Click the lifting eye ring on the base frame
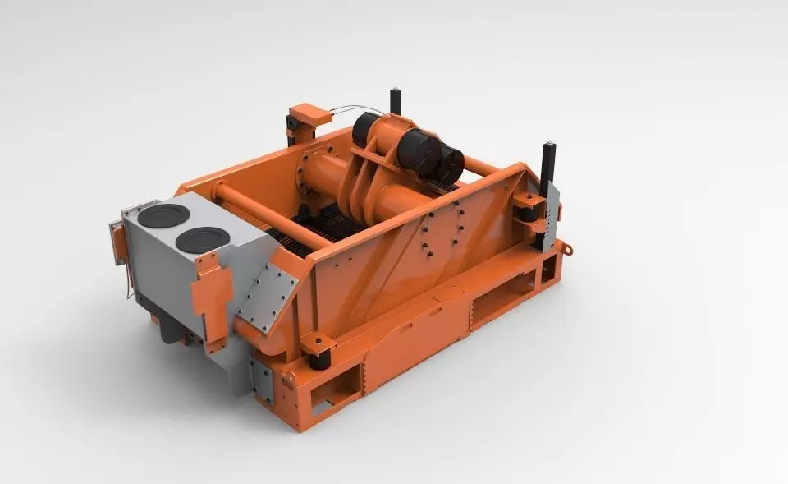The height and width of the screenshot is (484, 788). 564,247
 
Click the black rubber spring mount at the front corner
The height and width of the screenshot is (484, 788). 318,354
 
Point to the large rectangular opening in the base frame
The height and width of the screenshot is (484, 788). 502,297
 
